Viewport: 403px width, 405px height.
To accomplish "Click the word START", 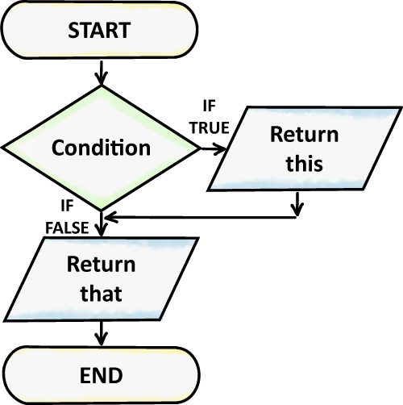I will pyautogui.click(x=100, y=31).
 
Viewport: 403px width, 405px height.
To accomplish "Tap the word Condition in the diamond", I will pyautogui.click(x=101, y=148).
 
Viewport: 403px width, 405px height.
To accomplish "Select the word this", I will pyautogui.click(x=304, y=164).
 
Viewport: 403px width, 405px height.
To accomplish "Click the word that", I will pyautogui.click(x=101, y=294).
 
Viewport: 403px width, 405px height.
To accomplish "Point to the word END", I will pyautogui.click(x=101, y=375).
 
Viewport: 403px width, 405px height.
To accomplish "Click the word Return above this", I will pyautogui.click(x=304, y=134).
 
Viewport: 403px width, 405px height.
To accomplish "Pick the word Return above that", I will pyautogui.click(x=101, y=265).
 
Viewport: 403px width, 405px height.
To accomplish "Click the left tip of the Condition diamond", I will pyautogui.click(x=6, y=148).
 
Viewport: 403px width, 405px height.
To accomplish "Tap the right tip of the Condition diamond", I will pyautogui.click(x=196, y=148).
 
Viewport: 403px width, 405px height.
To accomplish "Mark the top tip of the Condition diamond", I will pyautogui.click(x=101, y=88).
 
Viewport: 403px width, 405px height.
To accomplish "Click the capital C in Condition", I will pyautogui.click(x=58, y=148).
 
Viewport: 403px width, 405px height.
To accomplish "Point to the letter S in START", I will pyautogui.click(x=73, y=31).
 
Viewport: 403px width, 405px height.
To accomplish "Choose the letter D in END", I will pyautogui.click(x=116, y=375).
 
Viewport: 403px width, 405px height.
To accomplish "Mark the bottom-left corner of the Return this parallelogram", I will pyautogui.click(x=211, y=188).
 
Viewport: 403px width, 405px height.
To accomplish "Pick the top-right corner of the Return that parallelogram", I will pyautogui.click(x=195, y=240).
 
